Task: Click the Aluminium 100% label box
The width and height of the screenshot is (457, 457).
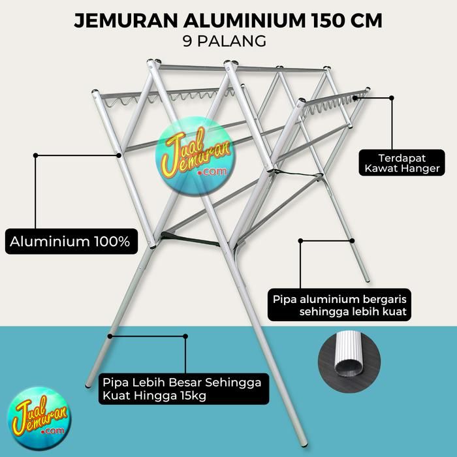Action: pos(70,242)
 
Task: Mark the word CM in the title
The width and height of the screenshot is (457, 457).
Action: pos(366,20)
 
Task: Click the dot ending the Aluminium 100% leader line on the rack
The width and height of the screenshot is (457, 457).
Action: pos(119,155)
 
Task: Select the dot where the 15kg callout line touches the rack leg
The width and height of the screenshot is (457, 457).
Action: pos(110,336)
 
